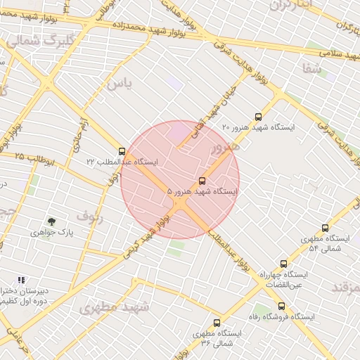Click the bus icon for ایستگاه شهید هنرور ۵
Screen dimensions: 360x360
[203, 181]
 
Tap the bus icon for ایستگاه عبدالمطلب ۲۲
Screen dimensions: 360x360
[122, 151]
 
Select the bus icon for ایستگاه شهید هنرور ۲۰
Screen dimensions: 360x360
[258, 117]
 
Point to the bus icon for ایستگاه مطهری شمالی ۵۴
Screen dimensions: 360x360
[325, 228]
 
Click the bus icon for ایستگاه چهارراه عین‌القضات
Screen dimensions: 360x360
[283, 264]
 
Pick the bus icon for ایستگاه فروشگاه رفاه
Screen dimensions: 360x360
[281, 307]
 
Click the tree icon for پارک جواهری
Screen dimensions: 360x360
[51, 221]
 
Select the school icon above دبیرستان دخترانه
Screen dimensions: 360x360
[21, 279]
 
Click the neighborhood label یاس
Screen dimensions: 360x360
[119, 84]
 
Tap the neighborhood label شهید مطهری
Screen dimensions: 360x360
[115, 307]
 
